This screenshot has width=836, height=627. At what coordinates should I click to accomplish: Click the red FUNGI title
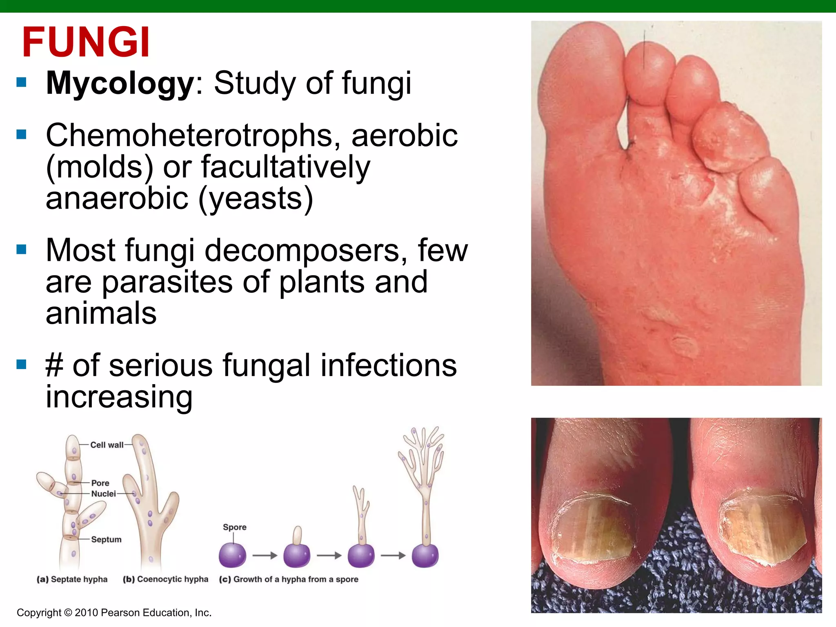(86, 42)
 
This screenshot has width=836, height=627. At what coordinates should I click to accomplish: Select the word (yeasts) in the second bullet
(256, 199)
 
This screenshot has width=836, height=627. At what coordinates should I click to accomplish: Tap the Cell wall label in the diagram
(107, 445)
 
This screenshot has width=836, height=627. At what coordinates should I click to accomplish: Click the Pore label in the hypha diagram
(100, 483)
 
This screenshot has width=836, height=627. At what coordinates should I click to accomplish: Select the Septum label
(106, 539)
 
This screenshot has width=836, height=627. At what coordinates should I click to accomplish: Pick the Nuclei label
(103, 494)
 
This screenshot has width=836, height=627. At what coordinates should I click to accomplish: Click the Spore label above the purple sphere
(234, 527)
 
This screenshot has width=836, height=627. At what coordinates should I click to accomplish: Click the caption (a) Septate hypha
(72, 579)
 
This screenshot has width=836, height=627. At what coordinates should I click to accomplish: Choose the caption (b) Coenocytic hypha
(165, 579)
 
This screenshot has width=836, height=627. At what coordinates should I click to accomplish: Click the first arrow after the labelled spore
(265, 556)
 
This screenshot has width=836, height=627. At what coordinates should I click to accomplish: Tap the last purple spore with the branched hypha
(425, 555)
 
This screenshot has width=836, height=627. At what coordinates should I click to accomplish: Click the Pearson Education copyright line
(114, 613)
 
